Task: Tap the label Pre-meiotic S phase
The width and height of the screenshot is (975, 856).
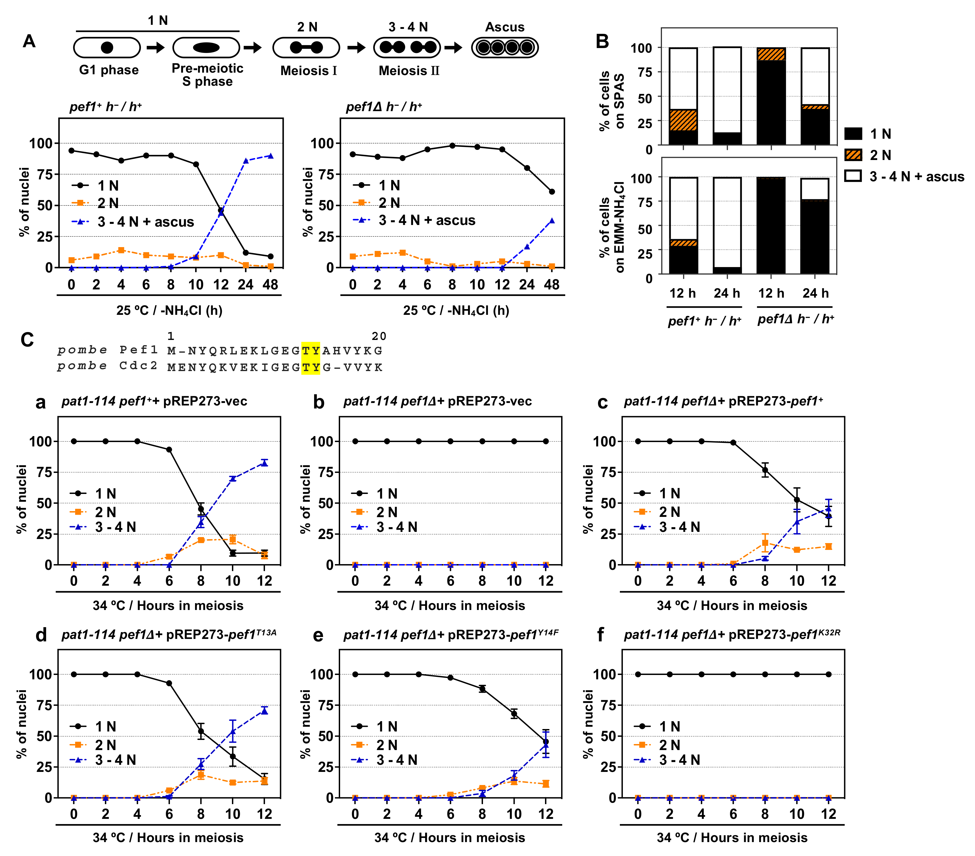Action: [x=208, y=75]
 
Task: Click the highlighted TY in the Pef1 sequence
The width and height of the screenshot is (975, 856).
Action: [x=311, y=351]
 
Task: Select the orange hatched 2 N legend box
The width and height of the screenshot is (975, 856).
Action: [x=853, y=155]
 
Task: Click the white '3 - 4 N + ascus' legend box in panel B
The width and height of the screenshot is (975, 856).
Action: [x=853, y=176]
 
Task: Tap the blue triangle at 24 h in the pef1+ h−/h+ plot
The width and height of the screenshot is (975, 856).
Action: [x=246, y=161]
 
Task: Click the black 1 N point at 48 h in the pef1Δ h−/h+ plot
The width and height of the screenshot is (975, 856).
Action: [x=552, y=192]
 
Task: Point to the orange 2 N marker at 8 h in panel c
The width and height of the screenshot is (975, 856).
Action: [x=765, y=543]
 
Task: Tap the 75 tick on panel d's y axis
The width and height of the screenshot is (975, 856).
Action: [x=44, y=705]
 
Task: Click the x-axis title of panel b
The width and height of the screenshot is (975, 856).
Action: [x=450, y=606]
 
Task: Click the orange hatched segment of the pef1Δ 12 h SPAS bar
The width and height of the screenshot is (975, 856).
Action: [x=771, y=54]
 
